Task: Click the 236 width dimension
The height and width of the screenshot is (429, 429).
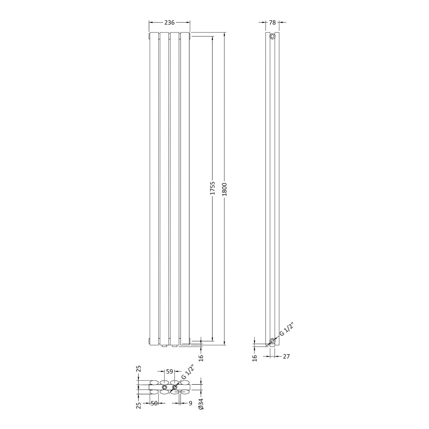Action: [169, 23]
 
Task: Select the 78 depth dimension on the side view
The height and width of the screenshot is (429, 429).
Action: [272, 23]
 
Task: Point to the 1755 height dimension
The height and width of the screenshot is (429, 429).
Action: [212, 188]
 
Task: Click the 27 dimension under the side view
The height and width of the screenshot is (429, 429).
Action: [286, 356]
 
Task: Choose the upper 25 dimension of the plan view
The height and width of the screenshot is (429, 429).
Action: [139, 369]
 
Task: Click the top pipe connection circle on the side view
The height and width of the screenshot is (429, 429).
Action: [272, 36]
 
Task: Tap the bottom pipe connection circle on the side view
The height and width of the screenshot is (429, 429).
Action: [272, 341]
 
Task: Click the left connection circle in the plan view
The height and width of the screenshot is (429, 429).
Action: [164, 387]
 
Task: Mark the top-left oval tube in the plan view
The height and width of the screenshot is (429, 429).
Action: [154, 383]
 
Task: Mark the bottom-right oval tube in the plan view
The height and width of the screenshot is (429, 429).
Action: [185, 392]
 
